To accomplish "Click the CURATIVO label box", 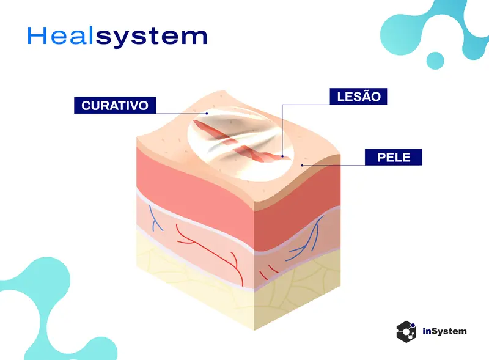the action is pos(115,106).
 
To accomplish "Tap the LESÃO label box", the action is pos(358,97).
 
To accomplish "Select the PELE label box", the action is pos(394,157).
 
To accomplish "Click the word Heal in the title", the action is pos(61,35).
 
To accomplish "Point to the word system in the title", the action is pos(152,37).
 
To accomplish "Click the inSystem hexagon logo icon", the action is pos(406,332).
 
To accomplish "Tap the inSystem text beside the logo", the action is pos(445,331).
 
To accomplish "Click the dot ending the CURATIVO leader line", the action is pos(207,114).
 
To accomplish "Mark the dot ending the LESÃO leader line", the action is pos(282,156).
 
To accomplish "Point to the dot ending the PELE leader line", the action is pos(302,166).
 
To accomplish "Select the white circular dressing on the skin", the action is pos(241,144).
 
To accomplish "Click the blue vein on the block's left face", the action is pos(155,219).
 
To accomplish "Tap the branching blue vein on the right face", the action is pos(306,240).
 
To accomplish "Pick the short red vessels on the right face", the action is pos(268,272).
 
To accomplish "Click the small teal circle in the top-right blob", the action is pos(435,61).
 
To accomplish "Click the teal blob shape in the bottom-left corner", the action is pos(47,309).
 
